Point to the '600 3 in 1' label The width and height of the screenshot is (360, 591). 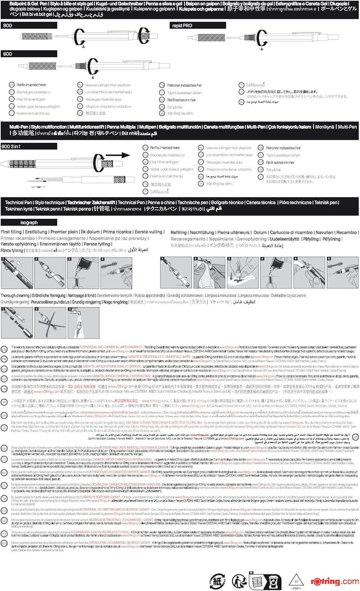point(13,147)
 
